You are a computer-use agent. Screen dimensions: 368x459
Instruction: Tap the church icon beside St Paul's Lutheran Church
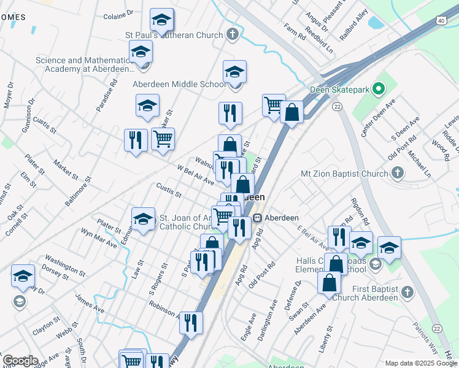232,34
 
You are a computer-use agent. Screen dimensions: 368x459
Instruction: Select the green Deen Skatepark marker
379,90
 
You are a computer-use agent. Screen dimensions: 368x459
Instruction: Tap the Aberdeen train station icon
258,217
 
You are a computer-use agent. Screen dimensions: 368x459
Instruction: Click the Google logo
20,361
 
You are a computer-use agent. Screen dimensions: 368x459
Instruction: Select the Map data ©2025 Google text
420,363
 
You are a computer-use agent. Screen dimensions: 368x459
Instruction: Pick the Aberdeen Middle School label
179,84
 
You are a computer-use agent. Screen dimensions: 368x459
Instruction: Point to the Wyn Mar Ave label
99,238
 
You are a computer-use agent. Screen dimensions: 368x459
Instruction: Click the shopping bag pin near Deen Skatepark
292,113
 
